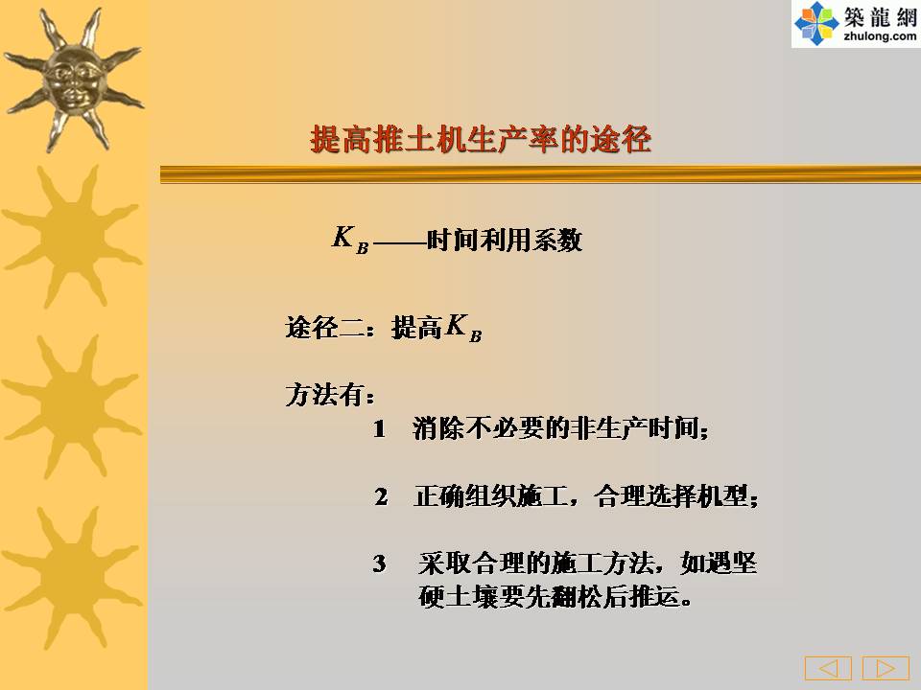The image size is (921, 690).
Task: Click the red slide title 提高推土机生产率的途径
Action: [481, 140]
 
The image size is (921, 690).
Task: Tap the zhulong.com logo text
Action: [880, 36]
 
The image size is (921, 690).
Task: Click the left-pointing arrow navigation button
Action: [828, 668]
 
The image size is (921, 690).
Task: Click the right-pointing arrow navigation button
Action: [886, 668]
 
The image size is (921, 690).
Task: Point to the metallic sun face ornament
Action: [73, 80]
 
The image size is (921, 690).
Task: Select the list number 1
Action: [380, 429]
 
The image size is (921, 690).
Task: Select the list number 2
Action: [381, 497]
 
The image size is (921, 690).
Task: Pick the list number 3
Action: [380, 563]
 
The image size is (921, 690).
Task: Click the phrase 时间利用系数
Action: [505, 240]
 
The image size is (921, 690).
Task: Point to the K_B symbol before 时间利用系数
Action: [351, 240]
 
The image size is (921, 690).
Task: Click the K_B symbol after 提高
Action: [463, 328]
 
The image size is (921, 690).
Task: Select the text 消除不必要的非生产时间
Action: [555, 428]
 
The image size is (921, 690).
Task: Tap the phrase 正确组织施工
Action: [491, 496]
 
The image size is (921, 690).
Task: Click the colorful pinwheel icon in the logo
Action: [816, 23]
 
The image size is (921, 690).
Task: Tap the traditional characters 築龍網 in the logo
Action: [880, 17]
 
